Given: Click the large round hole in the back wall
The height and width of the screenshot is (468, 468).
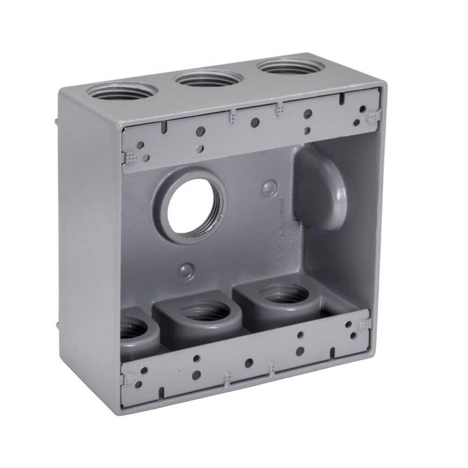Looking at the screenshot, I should pyautogui.click(x=192, y=206).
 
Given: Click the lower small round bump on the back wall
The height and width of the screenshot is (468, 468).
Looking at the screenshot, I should pyautogui.click(x=187, y=270).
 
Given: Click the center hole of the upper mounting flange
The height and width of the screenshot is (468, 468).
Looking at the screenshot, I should pyautogui.click(x=255, y=123).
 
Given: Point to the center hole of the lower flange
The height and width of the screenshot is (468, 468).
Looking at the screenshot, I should pyautogui.click(x=249, y=363).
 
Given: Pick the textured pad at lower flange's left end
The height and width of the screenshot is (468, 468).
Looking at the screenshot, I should pyautogui.click(x=128, y=377).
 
